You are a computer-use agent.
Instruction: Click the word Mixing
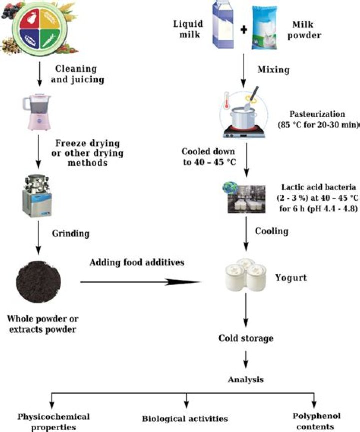click(x=272, y=70)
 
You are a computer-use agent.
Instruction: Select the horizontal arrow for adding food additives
click(x=140, y=282)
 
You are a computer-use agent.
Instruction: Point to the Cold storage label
click(x=246, y=339)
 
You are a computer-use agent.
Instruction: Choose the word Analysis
click(x=245, y=380)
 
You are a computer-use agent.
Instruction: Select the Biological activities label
click(x=185, y=418)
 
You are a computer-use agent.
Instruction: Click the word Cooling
click(x=271, y=232)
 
